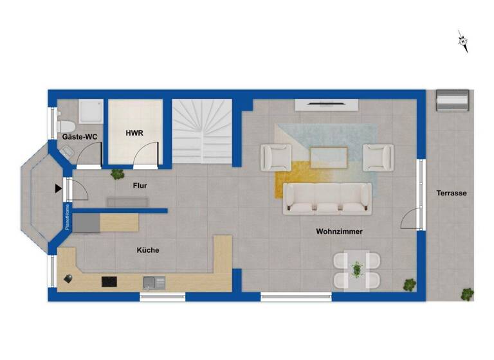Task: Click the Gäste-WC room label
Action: pyautogui.click(x=78, y=137)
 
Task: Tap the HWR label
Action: pyautogui.click(x=134, y=133)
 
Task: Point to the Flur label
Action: pyautogui.click(x=140, y=186)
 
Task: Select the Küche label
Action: pyautogui.click(x=147, y=250)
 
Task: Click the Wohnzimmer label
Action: pyautogui.click(x=339, y=231)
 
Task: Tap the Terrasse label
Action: pyautogui.click(x=451, y=193)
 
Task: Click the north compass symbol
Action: pyautogui.click(x=462, y=41)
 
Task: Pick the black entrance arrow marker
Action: pyautogui.click(x=59, y=188)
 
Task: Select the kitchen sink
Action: pyautogui.click(x=154, y=281)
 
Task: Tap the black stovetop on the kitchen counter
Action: pyautogui.click(x=109, y=281)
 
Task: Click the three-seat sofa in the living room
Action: pyautogui.click(x=328, y=198)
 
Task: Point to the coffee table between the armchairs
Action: pyautogui.click(x=328, y=157)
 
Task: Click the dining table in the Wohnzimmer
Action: pyautogui.click(x=357, y=269)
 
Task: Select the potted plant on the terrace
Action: pyautogui.click(x=467, y=294)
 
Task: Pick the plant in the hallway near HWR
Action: pyautogui.click(x=117, y=174)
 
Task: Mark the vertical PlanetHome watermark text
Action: pyautogui.click(x=66, y=217)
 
